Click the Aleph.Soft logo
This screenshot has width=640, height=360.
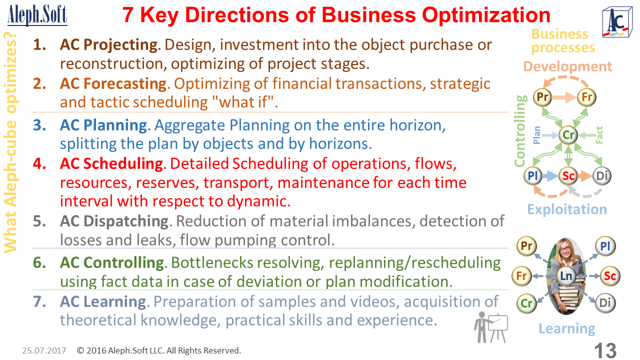37,15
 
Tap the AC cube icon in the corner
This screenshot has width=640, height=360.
617,22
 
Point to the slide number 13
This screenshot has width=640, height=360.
605,350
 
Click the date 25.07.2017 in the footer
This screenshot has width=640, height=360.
44,350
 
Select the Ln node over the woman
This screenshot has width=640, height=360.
566,276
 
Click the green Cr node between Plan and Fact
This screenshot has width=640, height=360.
568,135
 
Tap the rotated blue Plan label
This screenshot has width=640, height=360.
537,135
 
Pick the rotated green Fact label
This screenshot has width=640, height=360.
599,135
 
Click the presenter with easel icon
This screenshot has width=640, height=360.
491,327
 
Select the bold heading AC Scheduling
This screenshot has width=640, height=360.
111,163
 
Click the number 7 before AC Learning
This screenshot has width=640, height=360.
39,301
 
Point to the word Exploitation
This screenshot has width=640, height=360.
567,209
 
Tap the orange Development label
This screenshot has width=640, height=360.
567,66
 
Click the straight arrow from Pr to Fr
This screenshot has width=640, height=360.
564,97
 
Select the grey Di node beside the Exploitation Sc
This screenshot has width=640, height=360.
601,175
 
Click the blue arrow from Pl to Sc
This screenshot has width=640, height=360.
549,175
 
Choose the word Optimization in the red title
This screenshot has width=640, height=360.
486,15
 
